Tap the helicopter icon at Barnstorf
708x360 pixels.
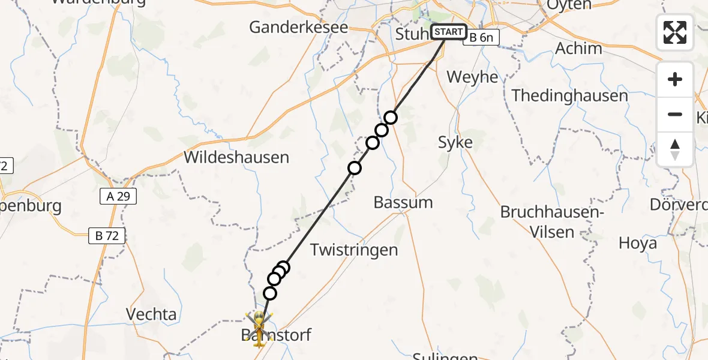(x=259, y=325)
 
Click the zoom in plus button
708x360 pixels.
(x=675, y=80)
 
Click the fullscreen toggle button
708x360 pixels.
(x=675, y=32)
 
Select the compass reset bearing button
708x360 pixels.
(x=675, y=149)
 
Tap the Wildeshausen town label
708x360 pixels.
(x=236, y=158)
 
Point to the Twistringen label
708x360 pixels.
(x=354, y=250)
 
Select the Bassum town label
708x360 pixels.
(x=403, y=203)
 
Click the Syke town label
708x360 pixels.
(x=455, y=143)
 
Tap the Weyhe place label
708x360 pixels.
(x=473, y=77)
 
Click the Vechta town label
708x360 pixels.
(x=151, y=314)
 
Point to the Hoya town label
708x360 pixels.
(x=638, y=244)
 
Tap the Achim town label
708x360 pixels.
(x=579, y=49)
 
